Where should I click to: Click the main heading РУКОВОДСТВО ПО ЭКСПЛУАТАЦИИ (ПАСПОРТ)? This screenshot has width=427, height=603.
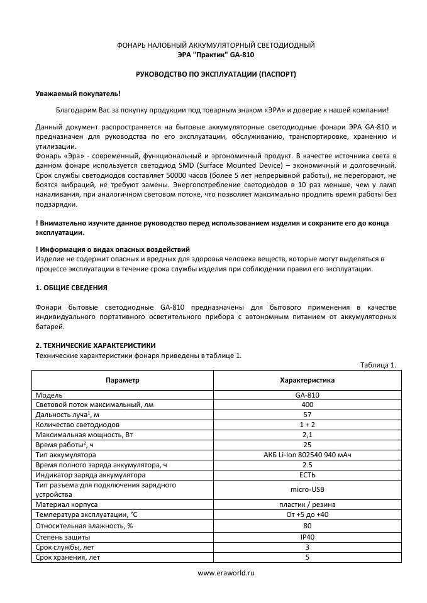pos(216,74)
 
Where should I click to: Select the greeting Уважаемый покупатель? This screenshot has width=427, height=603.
pos(77,93)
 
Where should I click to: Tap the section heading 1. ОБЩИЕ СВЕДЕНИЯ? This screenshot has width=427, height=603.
pos(71,288)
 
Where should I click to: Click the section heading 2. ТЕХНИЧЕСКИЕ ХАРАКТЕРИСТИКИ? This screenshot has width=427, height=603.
pos(96,345)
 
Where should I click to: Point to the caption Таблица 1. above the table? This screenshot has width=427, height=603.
pos(378,365)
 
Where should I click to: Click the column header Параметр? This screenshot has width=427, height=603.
pos(123,380)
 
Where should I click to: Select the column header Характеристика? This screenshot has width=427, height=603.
pos(307,380)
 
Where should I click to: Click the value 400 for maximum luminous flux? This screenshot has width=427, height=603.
pos(307,405)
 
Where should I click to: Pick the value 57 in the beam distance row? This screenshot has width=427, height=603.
pos(307,415)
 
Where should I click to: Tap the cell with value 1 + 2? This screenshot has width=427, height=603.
pos(307,425)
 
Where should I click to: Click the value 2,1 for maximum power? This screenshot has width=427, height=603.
pos(307,434)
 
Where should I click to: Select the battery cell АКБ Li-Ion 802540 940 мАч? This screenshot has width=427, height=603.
pos(307,454)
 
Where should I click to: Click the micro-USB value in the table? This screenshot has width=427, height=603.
pos(307,489)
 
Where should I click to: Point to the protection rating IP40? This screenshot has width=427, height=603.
pos(307,537)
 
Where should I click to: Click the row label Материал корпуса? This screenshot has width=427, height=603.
pos(67,504)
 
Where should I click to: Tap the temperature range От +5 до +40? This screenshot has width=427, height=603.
pos(307,514)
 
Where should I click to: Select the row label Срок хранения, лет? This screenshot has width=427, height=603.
pos(69,557)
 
